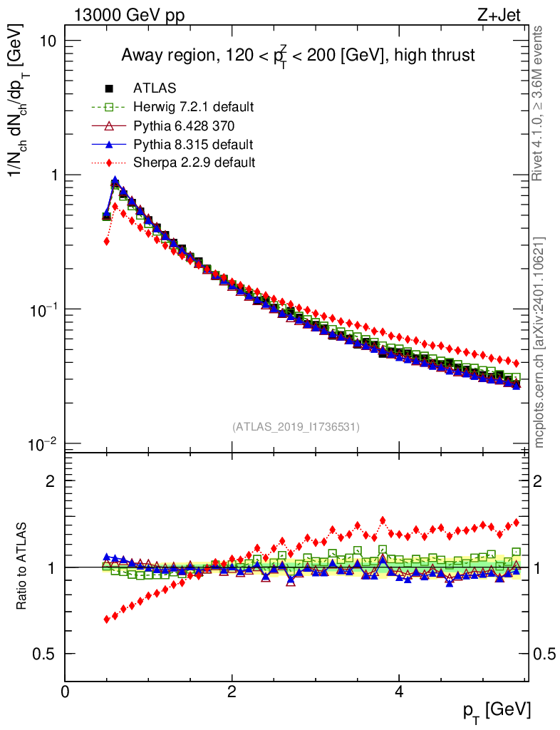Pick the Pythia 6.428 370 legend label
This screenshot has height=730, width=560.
click(183, 125)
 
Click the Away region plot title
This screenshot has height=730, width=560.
click(298, 55)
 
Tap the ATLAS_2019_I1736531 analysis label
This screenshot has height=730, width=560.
click(296, 427)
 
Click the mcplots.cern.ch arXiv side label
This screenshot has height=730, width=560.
click(539, 342)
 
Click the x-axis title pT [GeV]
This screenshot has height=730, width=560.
click(497, 710)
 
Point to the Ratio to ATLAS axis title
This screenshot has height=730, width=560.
click(23, 567)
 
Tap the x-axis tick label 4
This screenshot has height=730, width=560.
click(399, 692)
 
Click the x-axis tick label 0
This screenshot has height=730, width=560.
click(65, 692)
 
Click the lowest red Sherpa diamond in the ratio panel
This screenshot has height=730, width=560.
click(107, 619)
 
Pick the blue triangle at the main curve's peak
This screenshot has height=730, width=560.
click(115, 181)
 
